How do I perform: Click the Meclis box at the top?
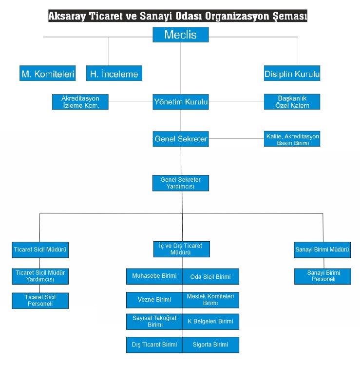[x=181, y=35]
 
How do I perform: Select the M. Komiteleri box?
[x=47, y=73]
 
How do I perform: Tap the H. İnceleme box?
[x=114, y=73]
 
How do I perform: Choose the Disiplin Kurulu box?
[x=292, y=73]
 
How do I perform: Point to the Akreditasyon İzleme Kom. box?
[x=80, y=102]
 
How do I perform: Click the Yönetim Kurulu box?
[x=181, y=102]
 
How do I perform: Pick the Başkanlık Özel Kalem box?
[x=292, y=102]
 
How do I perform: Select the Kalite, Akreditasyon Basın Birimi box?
[x=292, y=139]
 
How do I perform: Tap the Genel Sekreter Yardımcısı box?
[x=181, y=183]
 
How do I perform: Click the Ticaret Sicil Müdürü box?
[x=40, y=250]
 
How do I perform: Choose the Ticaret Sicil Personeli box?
[x=40, y=301]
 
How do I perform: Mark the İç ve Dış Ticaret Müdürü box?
[x=182, y=249]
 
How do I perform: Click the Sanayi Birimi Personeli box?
[x=322, y=276]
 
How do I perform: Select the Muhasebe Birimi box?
[x=154, y=276]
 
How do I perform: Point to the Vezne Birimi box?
[x=154, y=300]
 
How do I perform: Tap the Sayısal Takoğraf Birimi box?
[x=154, y=322]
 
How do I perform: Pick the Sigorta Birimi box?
[x=211, y=345]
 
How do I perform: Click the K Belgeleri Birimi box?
[x=211, y=322]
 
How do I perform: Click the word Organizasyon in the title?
[x=237, y=16]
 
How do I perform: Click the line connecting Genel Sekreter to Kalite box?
[x=236, y=138]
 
